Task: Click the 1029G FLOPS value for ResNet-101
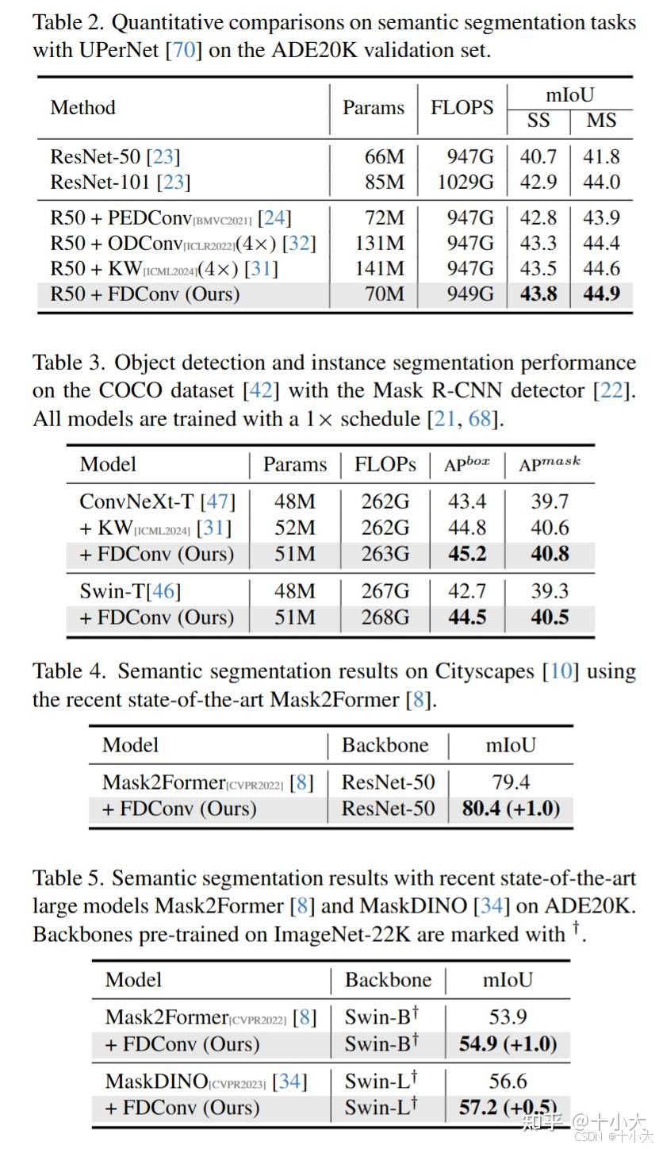(x=466, y=182)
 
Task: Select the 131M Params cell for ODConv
(x=380, y=243)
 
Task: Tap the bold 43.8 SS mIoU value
(x=538, y=294)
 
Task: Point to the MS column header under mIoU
(x=601, y=121)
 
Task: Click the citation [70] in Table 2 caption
(x=183, y=50)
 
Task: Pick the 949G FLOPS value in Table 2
(x=470, y=294)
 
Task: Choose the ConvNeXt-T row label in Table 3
(x=157, y=501)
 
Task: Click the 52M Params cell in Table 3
(x=295, y=528)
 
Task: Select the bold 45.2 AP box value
(x=467, y=554)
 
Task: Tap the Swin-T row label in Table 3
(x=130, y=591)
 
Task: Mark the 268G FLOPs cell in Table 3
(x=385, y=617)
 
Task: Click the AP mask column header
(x=549, y=463)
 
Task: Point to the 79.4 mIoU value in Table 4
(x=511, y=782)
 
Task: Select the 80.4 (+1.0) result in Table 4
(x=511, y=809)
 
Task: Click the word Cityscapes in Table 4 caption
(x=485, y=671)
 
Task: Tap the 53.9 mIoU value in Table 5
(x=508, y=1016)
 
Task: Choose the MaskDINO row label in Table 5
(x=206, y=1082)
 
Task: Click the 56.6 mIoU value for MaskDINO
(x=508, y=1082)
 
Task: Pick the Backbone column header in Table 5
(x=388, y=980)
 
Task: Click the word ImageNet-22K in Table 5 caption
(x=342, y=934)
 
